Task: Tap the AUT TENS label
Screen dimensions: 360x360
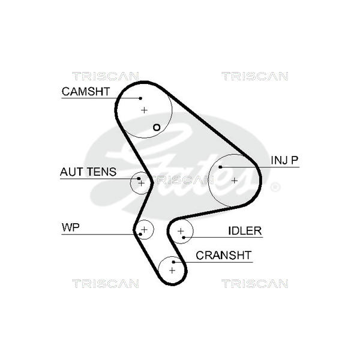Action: (89, 172)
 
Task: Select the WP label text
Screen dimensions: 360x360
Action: (71, 227)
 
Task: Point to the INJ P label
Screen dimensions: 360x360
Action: (284, 160)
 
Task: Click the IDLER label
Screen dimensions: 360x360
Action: (245, 231)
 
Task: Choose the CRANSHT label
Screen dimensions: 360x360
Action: (224, 256)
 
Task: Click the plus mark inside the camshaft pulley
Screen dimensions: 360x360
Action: (144, 110)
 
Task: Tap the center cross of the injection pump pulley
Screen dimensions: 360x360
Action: (234, 180)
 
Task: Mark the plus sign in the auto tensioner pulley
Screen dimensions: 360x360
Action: (142, 182)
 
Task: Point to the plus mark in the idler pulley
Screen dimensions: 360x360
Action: (180, 231)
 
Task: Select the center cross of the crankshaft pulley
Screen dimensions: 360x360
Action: (172, 271)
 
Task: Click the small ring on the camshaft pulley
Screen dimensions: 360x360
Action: (157, 127)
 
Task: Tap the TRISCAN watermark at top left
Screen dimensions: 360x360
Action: (105, 76)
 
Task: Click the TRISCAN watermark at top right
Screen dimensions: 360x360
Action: (254, 76)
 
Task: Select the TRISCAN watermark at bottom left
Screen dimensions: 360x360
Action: (105, 283)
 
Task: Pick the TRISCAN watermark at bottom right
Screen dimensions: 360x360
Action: (254, 283)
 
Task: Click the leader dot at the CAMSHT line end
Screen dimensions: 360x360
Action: (140, 98)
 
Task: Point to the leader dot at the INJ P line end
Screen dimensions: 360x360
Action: (221, 167)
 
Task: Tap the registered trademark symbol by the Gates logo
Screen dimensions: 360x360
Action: (275, 187)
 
